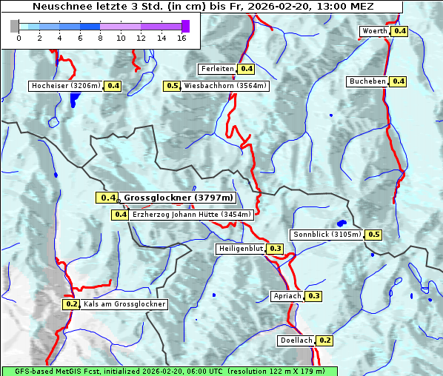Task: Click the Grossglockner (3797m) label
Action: (x=178, y=198)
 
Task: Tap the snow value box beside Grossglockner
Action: (x=107, y=198)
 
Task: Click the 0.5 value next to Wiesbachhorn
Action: (x=173, y=86)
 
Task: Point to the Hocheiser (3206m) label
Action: (x=66, y=86)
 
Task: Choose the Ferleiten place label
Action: (x=217, y=69)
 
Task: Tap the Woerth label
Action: (x=374, y=31)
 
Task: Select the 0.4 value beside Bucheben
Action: (x=398, y=81)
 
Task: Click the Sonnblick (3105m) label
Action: (x=327, y=235)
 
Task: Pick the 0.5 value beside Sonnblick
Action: (x=374, y=235)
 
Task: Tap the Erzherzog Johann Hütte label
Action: (x=192, y=215)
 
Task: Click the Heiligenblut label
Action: (x=240, y=248)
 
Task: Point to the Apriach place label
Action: (x=287, y=296)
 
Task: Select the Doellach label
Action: (x=296, y=340)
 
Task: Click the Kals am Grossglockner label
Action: (x=124, y=304)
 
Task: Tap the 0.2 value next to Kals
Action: (x=71, y=304)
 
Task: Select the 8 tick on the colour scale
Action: (x=100, y=38)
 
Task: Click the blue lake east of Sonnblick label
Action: (x=342, y=223)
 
